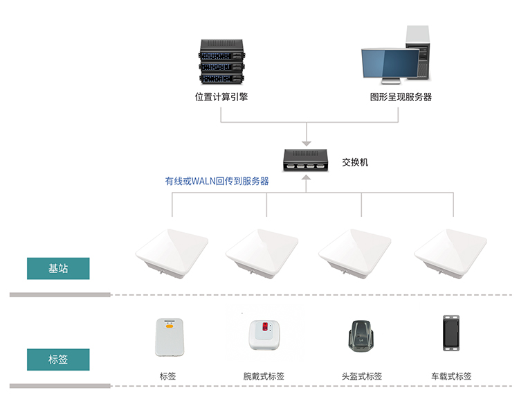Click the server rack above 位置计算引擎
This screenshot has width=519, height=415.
221,58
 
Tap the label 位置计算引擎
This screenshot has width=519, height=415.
221,97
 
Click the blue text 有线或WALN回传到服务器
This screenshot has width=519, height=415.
217,182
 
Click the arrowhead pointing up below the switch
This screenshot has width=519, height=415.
307,179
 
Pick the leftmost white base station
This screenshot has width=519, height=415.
172,253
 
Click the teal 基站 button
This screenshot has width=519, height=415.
58,269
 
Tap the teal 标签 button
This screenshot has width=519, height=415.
58,360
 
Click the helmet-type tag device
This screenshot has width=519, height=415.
361,336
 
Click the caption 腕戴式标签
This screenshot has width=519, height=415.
264,377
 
